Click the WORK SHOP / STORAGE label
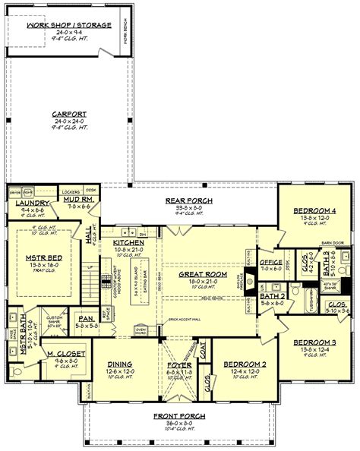[x=69, y=25]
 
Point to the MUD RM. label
[x=79, y=199]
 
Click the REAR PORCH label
[x=189, y=200]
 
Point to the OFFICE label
[x=270, y=262]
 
